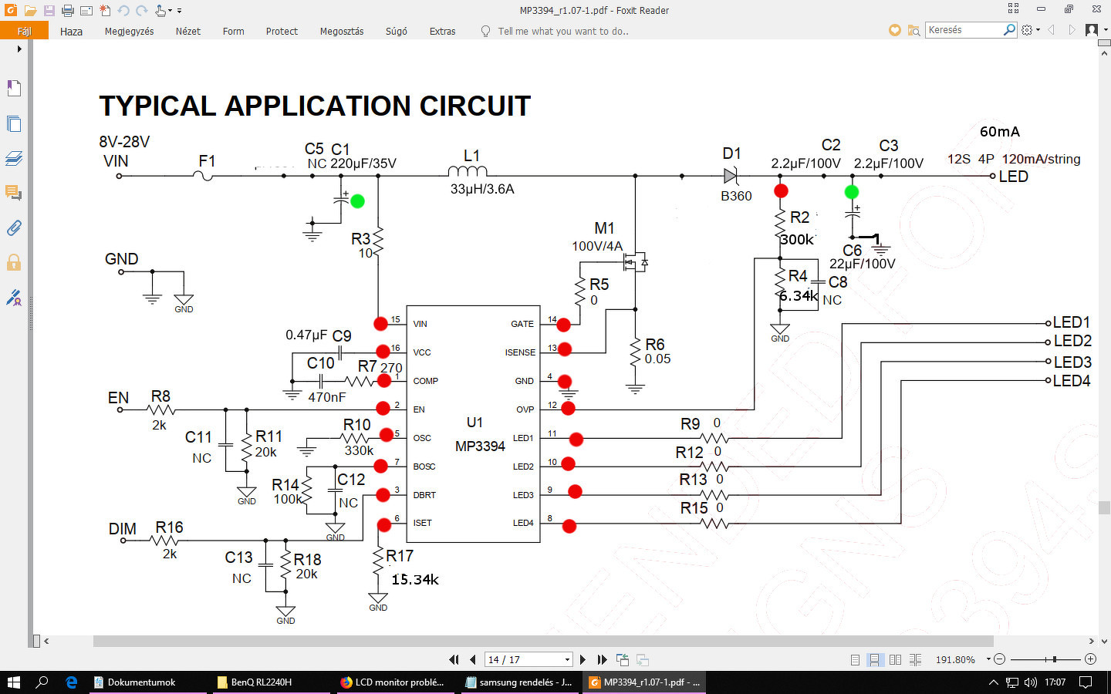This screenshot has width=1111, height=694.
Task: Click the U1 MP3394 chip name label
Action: pyautogui.click(x=480, y=446)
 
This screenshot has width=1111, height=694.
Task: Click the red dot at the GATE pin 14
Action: pyautogui.click(x=564, y=325)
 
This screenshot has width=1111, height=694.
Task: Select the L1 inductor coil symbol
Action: pyautogui.click(x=468, y=171)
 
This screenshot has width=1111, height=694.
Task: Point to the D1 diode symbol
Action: pyautogui.click(x=731, y=176)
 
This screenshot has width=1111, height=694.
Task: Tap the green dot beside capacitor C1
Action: pyautogui.click(x=357, y=201)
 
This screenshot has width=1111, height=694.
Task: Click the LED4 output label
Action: pyautogui.click(x=1072, y=380)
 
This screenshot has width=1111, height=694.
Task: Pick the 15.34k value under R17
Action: pyautogui.click(x=415, y=579)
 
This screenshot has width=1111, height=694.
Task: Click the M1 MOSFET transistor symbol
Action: pyautogui.click(x=635, y=264)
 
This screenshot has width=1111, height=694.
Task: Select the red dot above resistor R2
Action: pyautogui.click(x=781, y=190)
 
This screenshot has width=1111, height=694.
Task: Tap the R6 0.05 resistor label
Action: pyautogui.click(x=657, y=351)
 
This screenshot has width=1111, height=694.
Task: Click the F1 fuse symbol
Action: pyautogui.click(x=204, y=176)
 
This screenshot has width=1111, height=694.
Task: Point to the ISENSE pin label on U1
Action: pyautogui.click(x=520, y=352)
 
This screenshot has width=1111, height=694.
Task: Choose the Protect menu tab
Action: pyautogui.click(x=282, y=32)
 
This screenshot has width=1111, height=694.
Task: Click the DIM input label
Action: pyautogui.click(x=122, y=529)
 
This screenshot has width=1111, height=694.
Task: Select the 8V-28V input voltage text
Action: pyautogui.click(x=124, y=142)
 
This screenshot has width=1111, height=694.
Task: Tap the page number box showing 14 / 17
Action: pyautogui.click(x=528, y=659)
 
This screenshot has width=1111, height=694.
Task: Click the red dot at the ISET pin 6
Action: pyautogui.click(x=384, y=525)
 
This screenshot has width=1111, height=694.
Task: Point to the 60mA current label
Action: pyautogui.click(x=999, y=132)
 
